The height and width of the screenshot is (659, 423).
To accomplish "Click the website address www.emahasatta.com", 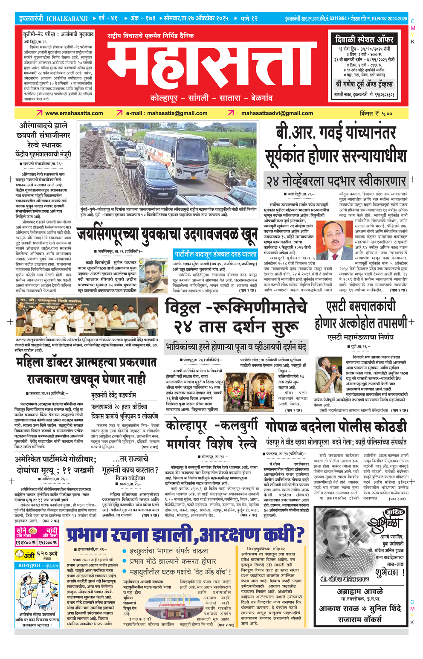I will click(x=74, y=113).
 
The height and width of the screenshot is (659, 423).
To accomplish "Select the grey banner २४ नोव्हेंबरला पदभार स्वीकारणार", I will click(x=336, y=181).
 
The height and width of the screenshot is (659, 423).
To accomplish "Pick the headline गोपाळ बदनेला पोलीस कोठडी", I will click(x=336, y=427).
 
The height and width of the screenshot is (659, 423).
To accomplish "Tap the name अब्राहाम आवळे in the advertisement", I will click(x=359, y=592).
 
